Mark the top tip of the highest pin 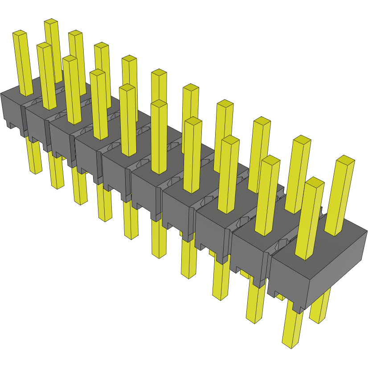point(51,21)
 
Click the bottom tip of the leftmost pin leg point(35,171)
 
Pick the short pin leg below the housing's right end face point(320,307)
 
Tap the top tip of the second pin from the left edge point(44,45)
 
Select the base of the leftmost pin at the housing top point(28,94)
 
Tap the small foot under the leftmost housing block point(9,125)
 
